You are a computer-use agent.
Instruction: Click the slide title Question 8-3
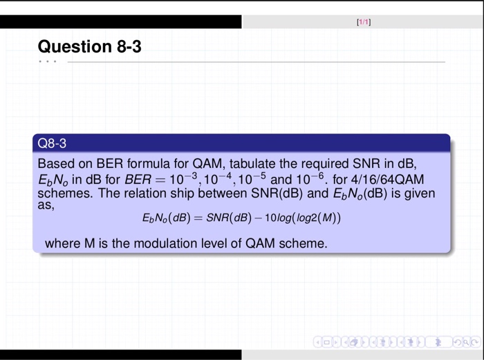pos(90,47)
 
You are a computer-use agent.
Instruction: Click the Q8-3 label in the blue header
pos(53,144)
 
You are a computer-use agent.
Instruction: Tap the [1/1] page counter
pos(364,22)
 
